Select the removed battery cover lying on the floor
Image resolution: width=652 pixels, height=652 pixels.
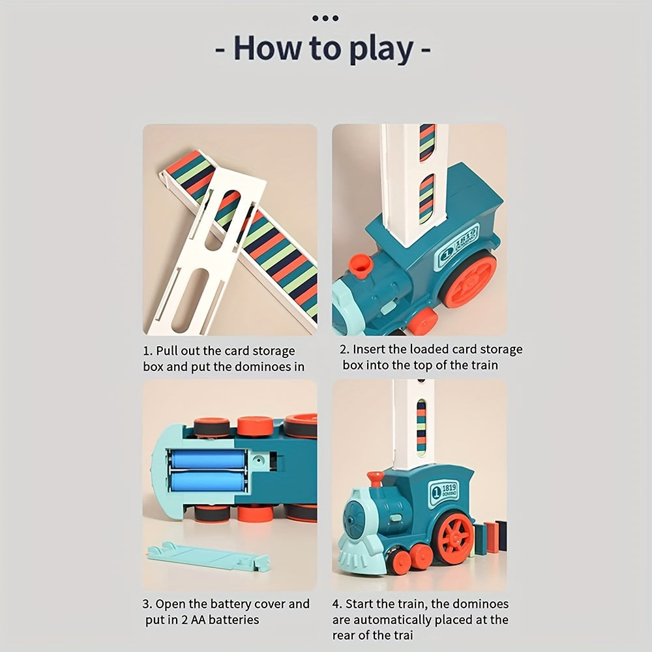(x=208, y=556)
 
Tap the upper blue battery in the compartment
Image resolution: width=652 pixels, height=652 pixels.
(x=207, y=460)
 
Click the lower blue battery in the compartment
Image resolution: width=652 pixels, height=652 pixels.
(x=207, y=482)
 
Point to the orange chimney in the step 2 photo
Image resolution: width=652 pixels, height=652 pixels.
(x=360, y=265)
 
